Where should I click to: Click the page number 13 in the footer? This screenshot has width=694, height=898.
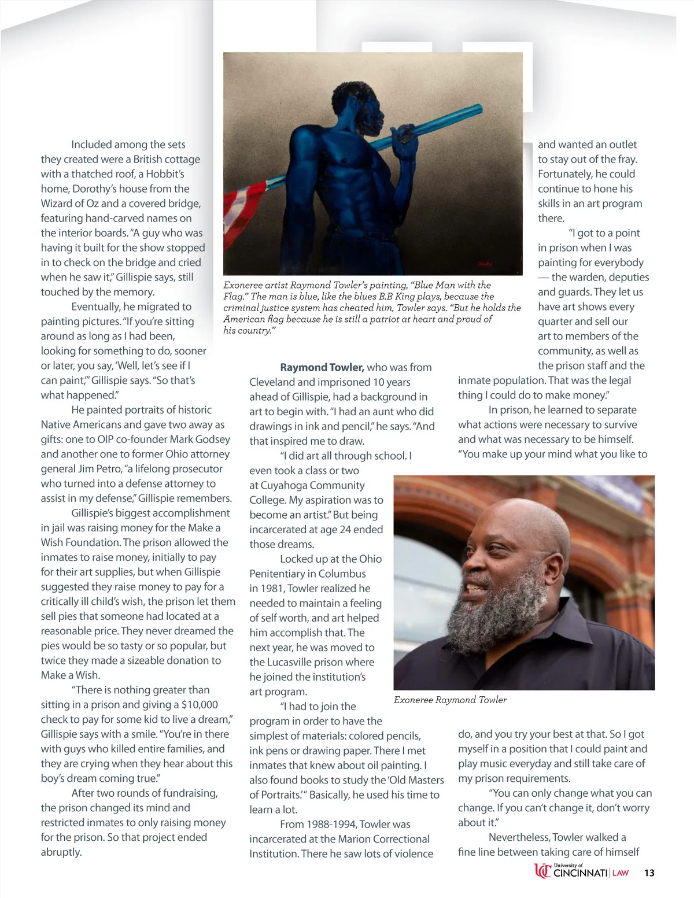coord(649,873)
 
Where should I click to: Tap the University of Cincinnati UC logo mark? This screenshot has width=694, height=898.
coord(542,871)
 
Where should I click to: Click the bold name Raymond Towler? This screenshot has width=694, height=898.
coord(322,368)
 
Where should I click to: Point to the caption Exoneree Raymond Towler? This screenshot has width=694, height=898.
coord(450,700)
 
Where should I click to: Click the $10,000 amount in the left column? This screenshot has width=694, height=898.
coord(200,705)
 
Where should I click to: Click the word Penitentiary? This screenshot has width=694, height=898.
coord(278,574)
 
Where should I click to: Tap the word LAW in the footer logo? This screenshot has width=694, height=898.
coord(621,873)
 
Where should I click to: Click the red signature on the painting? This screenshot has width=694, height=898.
coord(485,264)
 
